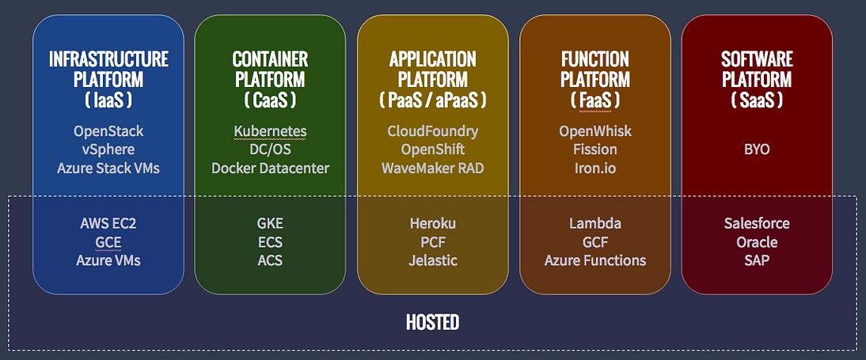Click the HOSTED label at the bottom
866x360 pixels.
(432, 323)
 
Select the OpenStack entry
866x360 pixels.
(108, 131)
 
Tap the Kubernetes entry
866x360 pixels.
(270, 131)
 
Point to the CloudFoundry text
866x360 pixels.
(432, 131)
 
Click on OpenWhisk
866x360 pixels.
(595, 131)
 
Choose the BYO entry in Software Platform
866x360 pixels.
(758, 150)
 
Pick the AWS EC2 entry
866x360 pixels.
(108, 224)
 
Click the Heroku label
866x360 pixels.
(432, 224)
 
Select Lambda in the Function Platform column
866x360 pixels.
(595, 224)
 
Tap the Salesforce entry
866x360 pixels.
(758, 224)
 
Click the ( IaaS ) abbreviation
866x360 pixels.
(108, 100)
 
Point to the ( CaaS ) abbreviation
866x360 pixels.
(270, 100)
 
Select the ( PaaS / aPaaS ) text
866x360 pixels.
(432, 100)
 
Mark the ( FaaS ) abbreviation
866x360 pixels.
(595, 100)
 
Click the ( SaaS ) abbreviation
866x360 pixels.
(758, 100)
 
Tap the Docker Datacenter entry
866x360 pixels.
(270, 168)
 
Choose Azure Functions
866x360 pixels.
(595, 260)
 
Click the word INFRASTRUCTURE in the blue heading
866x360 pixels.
(108, 59)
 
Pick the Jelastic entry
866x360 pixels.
(432, 260)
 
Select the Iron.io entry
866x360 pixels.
(595, 168)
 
